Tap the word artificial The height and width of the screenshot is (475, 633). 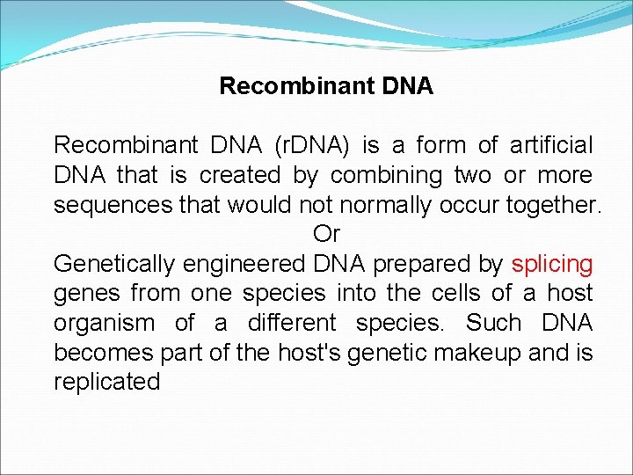click(x=550, y=145)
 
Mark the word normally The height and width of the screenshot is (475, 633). click(x=404, y=205)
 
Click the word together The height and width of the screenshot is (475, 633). click(x=553, y=205)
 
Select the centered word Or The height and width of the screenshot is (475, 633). click(x=326, y=235)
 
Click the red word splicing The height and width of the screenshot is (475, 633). click(x=552, y=264)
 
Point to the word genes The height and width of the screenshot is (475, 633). click(x=87, y=294)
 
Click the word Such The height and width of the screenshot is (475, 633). click(x=494, y=323)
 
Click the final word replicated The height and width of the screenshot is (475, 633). click(x=107, y=383)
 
